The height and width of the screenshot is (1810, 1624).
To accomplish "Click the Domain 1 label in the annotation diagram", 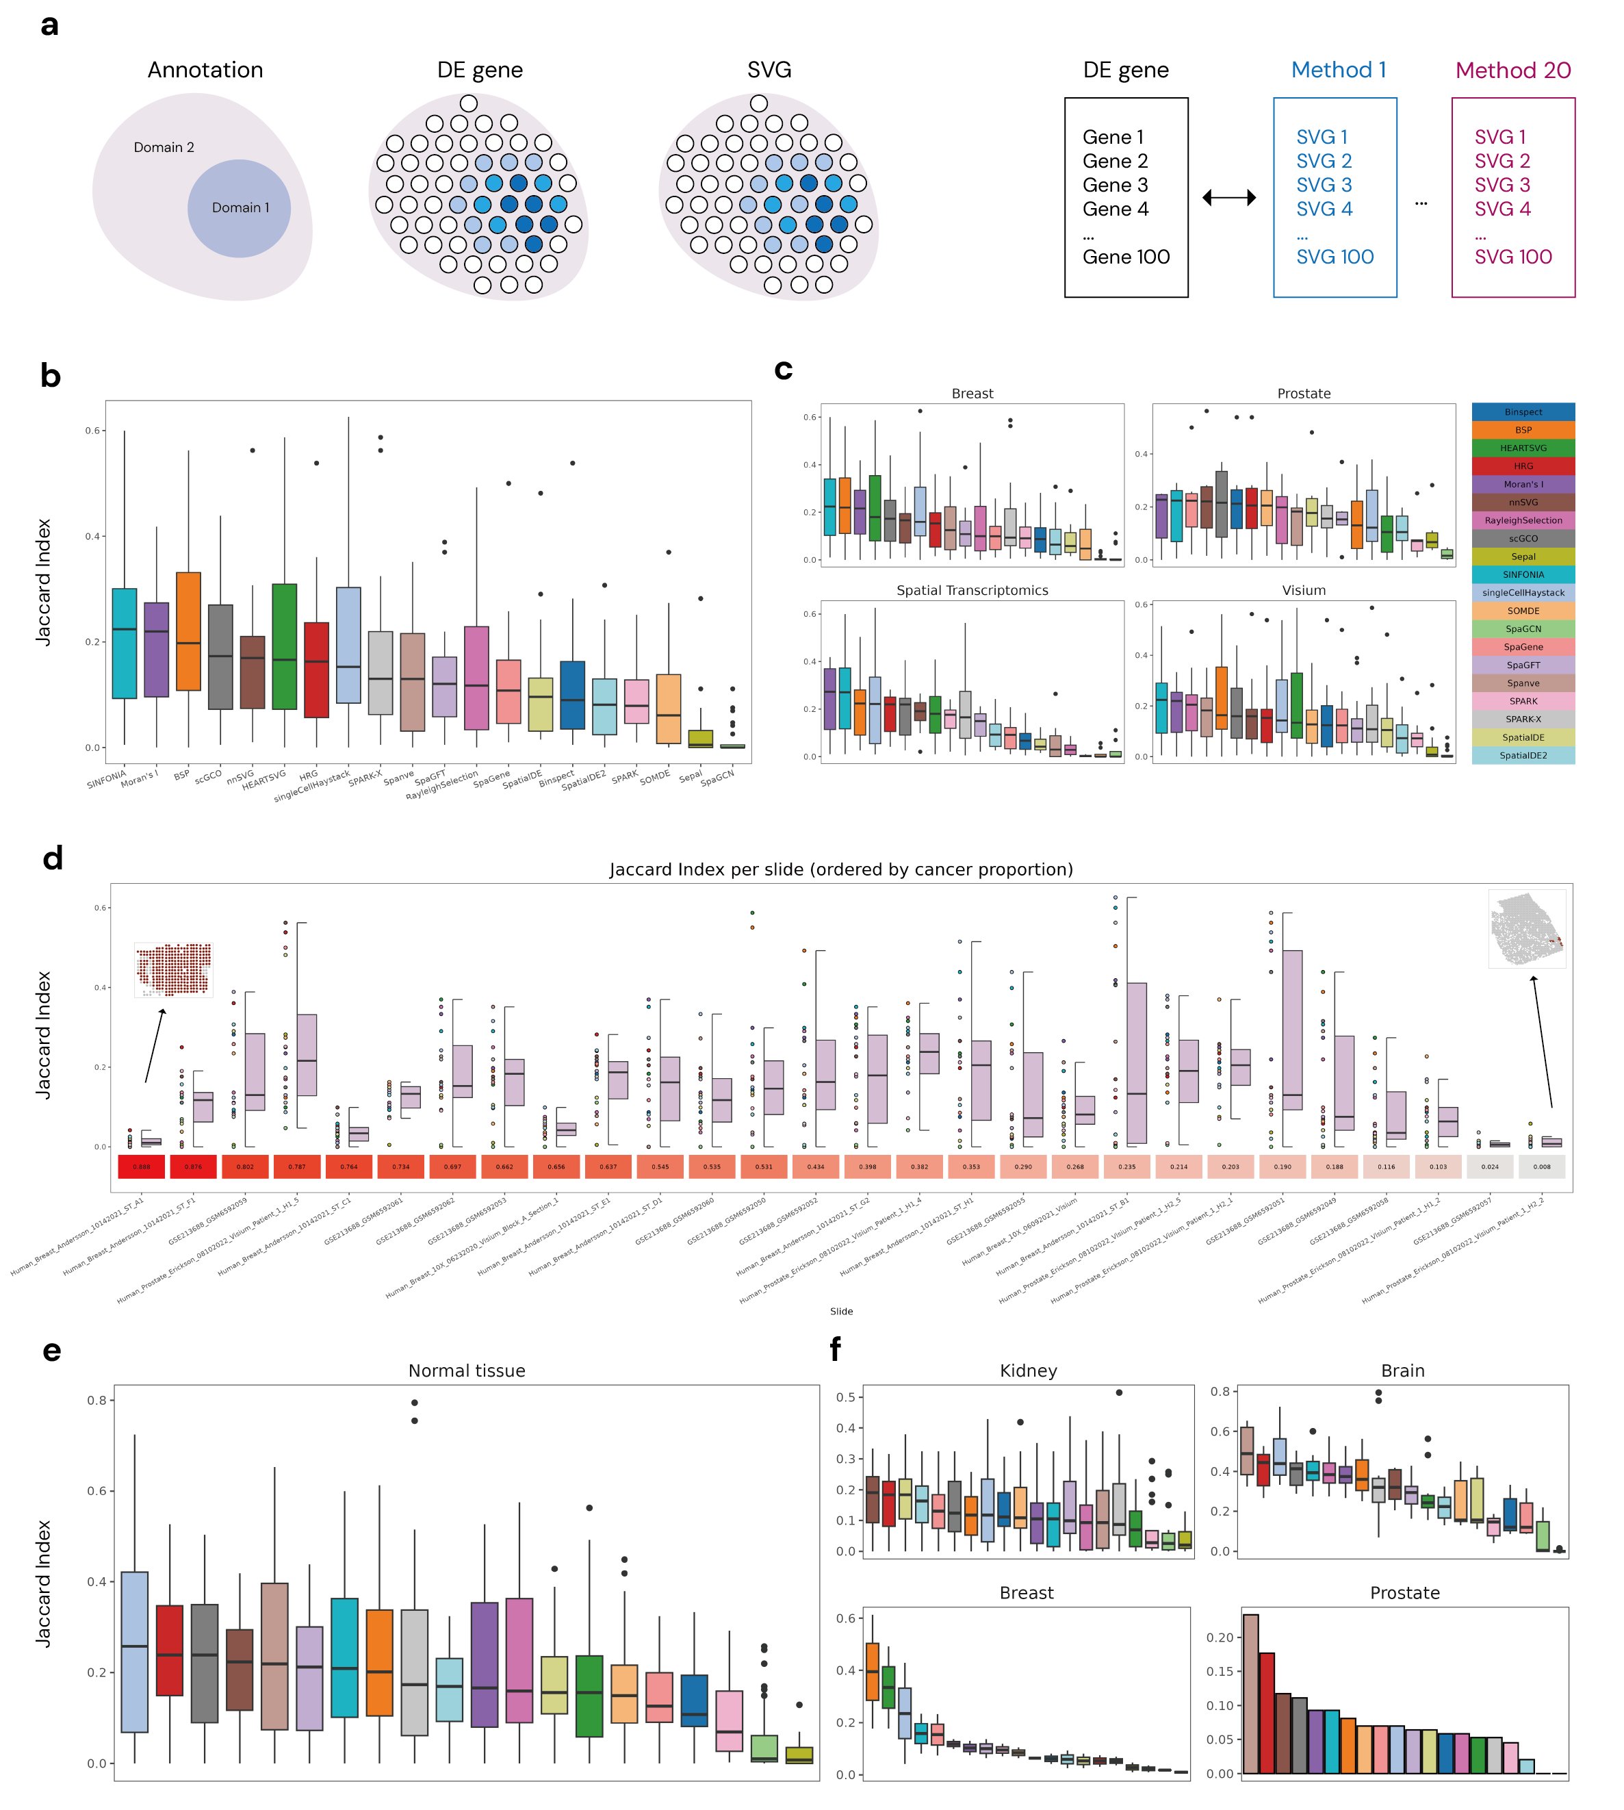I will point(240,208).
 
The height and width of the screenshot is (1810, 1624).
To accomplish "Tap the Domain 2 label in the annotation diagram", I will point(164,147).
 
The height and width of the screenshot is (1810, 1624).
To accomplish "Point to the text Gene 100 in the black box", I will point(1125,257).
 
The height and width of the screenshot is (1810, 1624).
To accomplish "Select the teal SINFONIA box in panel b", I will point(124,643).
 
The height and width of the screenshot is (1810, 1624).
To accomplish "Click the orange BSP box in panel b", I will point(188,631).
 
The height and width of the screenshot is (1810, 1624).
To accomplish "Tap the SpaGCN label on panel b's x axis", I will point(717,778).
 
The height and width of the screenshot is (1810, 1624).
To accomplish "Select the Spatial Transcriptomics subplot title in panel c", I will point(972,591).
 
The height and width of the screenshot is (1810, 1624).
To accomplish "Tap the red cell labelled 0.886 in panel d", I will point(141,1167).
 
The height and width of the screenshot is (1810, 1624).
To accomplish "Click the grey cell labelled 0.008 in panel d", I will point(1541,1167).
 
